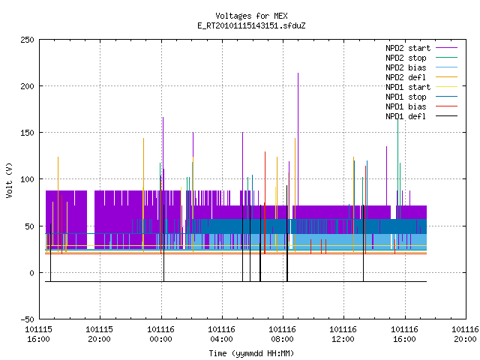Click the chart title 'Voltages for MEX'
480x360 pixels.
tap(251, 16)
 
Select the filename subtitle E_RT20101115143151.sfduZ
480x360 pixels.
tap(251, 25)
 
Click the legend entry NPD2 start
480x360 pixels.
tap(408, 48)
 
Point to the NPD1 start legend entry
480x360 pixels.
tap(408, 87)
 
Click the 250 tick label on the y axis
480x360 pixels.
tap(27, 40)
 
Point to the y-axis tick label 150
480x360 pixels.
tap(27, 133)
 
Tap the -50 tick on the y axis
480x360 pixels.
tap(27, 319)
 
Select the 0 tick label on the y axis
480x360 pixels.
tap(31, 273)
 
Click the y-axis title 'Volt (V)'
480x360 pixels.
tap(9, 181)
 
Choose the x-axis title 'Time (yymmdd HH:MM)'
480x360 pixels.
tap(251, 353)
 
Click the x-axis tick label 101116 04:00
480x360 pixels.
tap(221, 334)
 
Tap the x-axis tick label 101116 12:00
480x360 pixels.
tap(343, 334)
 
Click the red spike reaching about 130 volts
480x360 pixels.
tap(265, 202)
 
